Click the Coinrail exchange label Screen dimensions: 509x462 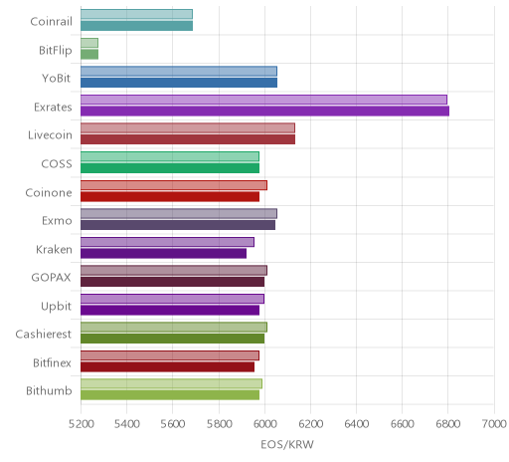(x=51, y=22)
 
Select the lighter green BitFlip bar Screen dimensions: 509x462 (x=89, y=43)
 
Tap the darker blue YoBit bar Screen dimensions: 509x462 (x=179, y=83)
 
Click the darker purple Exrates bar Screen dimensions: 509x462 (x=265, y=112)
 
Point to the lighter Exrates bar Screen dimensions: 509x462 (x=264, y=100)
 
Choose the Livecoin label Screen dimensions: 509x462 (x=50, y=135)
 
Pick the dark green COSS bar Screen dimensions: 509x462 (x=170, y=168)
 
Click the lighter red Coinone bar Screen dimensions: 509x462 (x=174, y=185)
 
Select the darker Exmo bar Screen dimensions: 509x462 (x=178, y=225)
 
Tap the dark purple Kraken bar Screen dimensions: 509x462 (x=164, y=254)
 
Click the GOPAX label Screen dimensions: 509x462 (x=51, y=278)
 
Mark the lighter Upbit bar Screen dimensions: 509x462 (x=173, y=299)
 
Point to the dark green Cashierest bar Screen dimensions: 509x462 (x=173, y=339)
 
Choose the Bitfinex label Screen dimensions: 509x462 (x=52, y=362)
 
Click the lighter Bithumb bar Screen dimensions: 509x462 (x=172, y=383)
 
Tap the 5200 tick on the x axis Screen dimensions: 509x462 (x=81, y=424)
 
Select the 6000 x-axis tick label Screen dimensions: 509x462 (x=264, y=424)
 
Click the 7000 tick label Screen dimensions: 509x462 (x=494, y=424)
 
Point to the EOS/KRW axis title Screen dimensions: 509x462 (x=287, y=444)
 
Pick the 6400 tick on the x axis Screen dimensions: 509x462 (x=357, y=424)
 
